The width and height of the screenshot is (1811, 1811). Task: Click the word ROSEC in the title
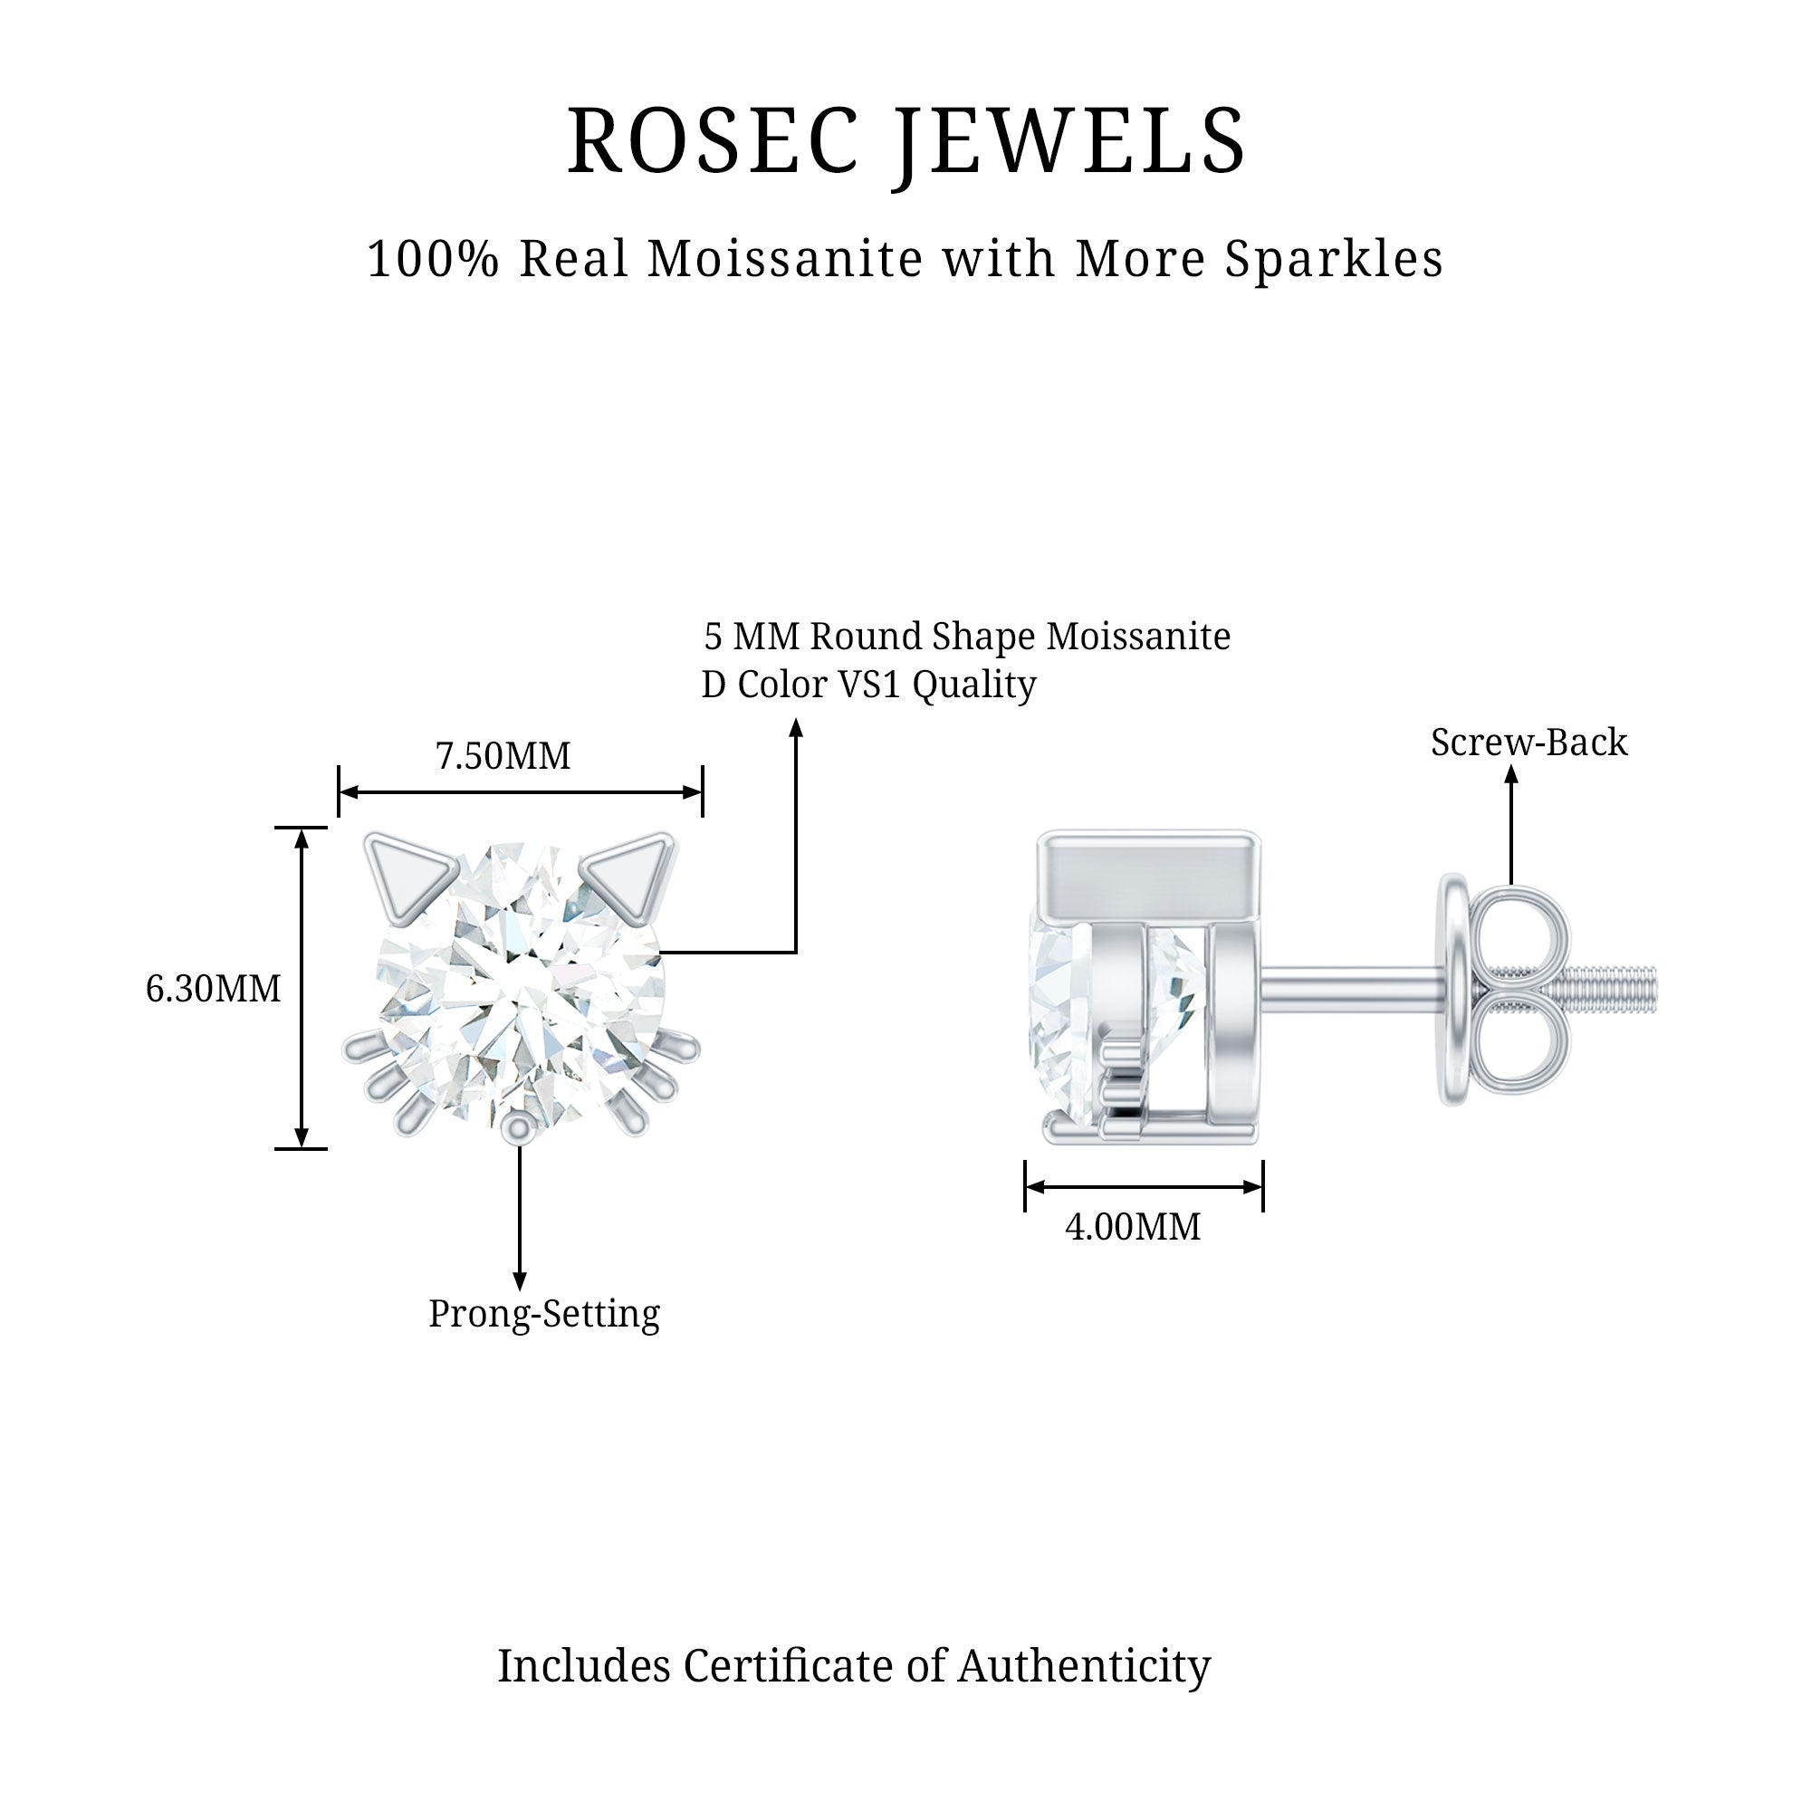click(x=713, y=142)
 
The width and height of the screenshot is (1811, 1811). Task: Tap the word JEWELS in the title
click(x=1069, y=142)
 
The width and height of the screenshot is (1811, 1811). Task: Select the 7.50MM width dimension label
click(x=503, y=756)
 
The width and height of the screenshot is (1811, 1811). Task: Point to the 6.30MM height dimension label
click(x=213, y=989)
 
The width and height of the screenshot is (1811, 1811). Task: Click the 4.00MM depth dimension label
click(x=1133, y=1227)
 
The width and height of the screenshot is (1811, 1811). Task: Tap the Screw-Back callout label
click(x=1528, y=743)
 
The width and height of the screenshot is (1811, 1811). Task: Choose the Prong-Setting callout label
click(x=543, y=1314)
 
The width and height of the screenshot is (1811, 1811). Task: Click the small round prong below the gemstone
click(x=517, y=1129)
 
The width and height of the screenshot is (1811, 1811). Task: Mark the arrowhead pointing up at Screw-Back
click(x=1511, y=774)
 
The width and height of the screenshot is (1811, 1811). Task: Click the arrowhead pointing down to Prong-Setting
click(x=519, y=1281)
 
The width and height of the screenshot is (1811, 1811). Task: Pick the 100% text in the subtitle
click(x=432, y=260)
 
